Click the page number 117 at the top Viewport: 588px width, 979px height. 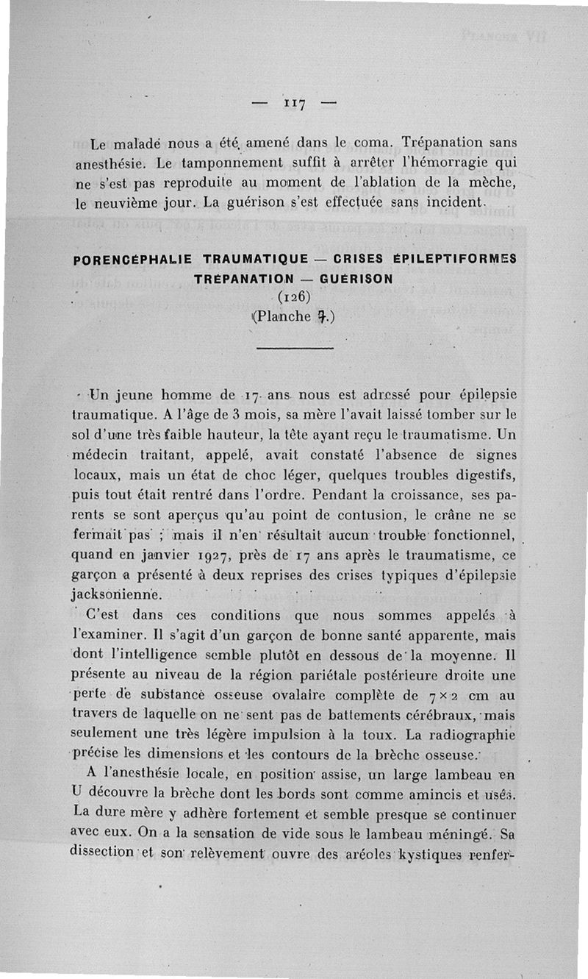[294, 102]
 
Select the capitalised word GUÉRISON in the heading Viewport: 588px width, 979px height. [356, 279]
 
